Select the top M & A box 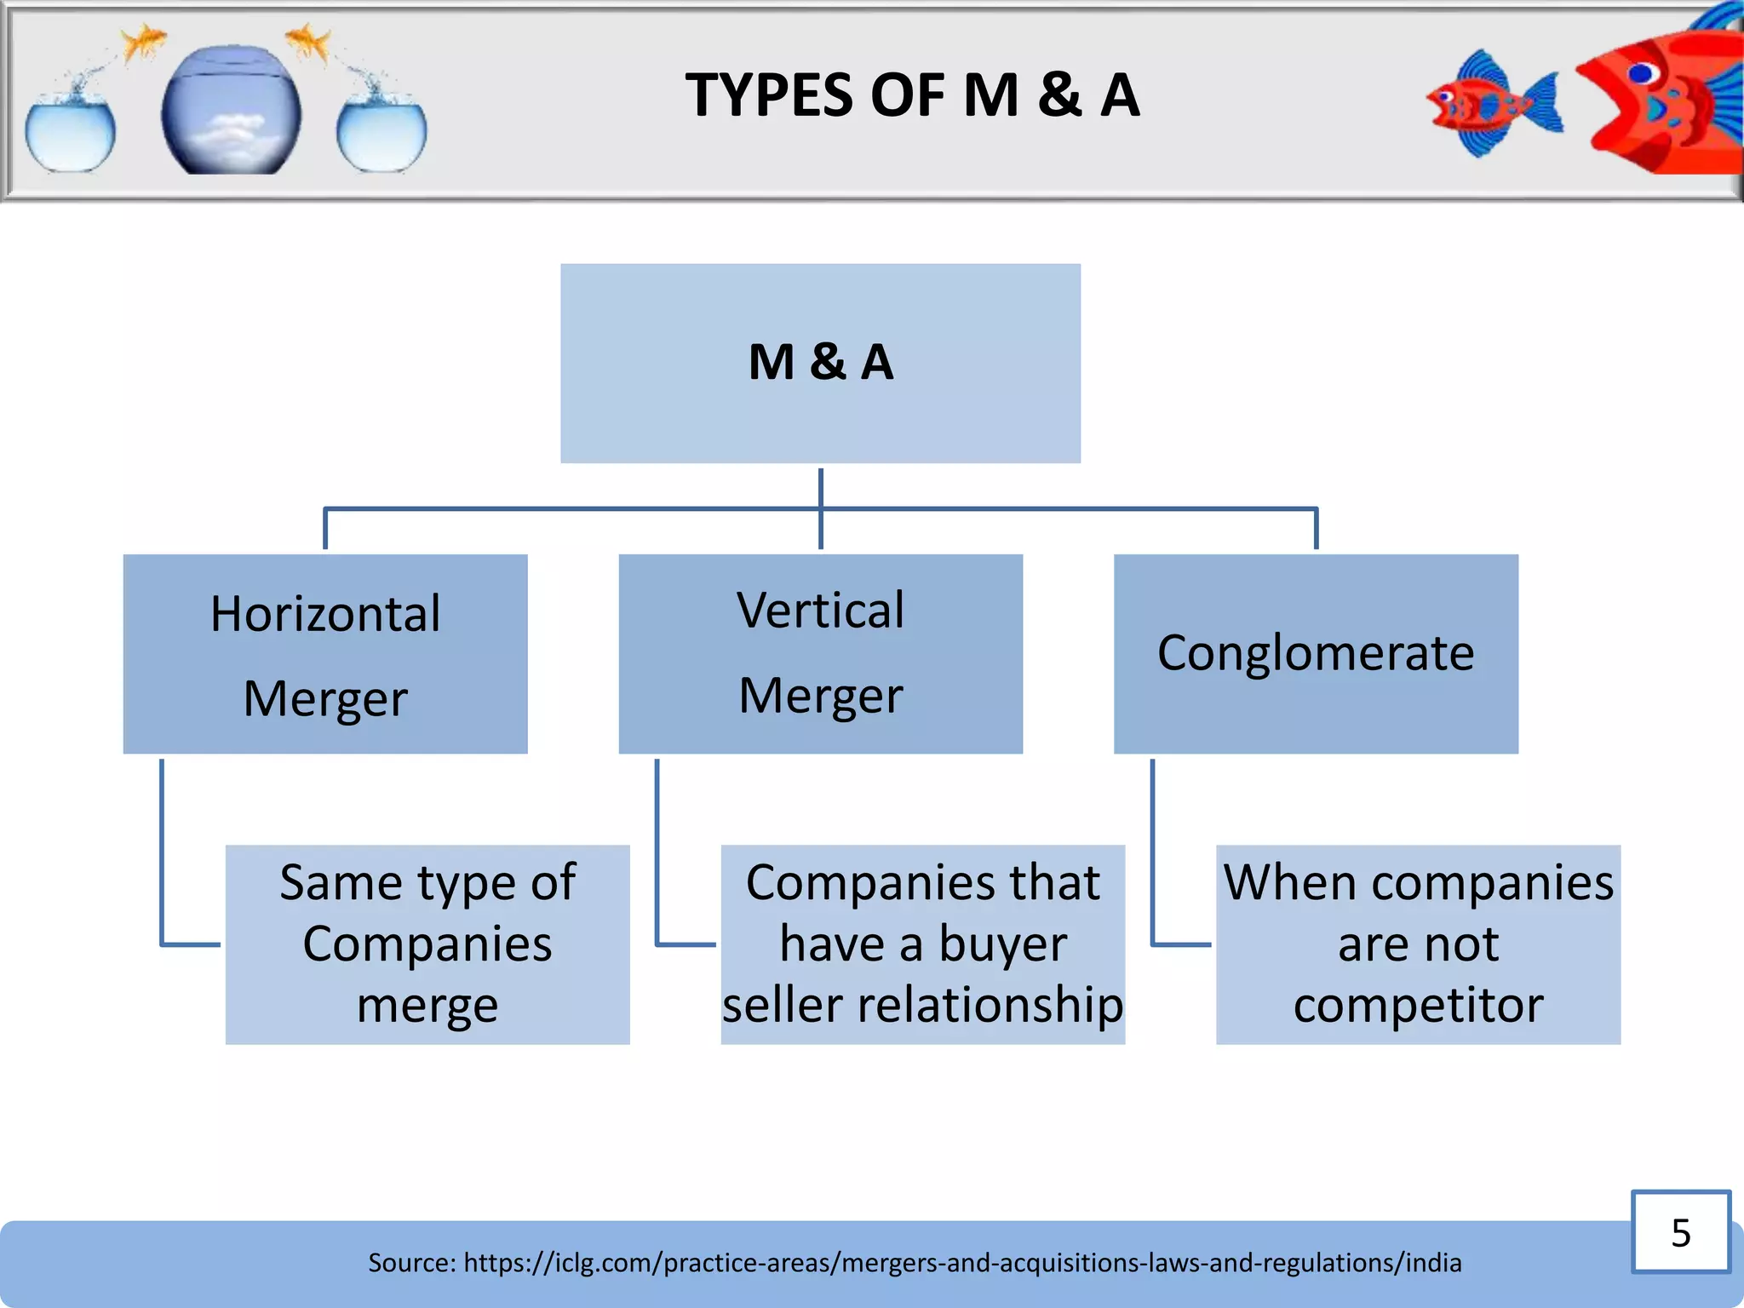pyautogui.click(x=820, y=364)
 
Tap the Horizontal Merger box pyautogui.click(x=325, y=654)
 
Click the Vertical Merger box pyautogui.click(x=820, y=654)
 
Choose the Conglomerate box pyautogui.click(x=1316, y=654)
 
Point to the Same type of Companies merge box pyautogui.click(x=427, y=944)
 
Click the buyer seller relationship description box pyautogui.click(x=922, y=944)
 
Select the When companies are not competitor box pyautogui.click(x=1418, y=944)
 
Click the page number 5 pyautogui.click(x=1680, y=1232)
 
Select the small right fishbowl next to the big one pyautogui.click(x=381, y=133)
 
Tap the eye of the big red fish pyautogui.click(x=1640, y=74)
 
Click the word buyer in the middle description pyautogui.click(x=1002, y=944)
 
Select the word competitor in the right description pyautogui.click(x=1418, y=1006)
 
